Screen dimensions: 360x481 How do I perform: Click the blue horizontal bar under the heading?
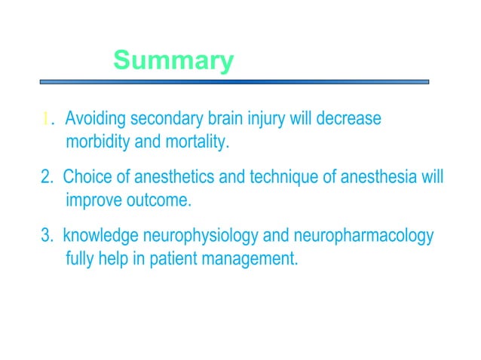[x=234, y=81]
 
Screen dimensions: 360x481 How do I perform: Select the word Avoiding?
[x=96, y=120]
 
